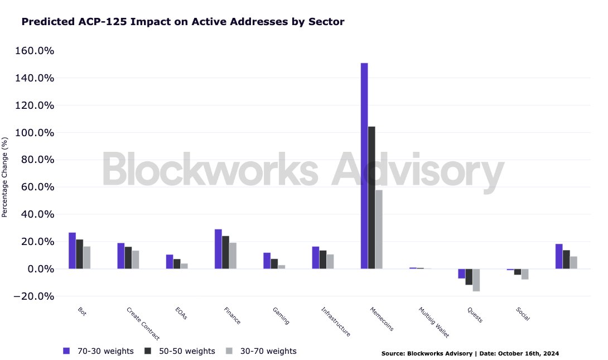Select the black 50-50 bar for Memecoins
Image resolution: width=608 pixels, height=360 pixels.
point(371,198)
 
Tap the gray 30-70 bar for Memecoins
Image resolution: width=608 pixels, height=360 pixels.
point(379,229)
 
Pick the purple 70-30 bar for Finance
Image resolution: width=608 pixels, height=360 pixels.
point(218,249)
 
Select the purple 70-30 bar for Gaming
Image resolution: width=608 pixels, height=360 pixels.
point(267,261)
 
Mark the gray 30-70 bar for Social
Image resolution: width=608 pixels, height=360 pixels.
point(525,274)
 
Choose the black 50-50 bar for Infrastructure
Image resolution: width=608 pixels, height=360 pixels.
point(323,260)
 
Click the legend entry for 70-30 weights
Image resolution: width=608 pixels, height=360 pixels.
point(98,351)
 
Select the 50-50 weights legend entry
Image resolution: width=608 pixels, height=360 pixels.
point(179,351)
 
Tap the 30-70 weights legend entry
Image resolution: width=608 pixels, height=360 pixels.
point(260,351)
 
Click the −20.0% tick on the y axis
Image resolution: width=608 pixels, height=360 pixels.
point(33,296)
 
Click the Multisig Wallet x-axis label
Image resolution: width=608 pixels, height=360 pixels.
point(433,322)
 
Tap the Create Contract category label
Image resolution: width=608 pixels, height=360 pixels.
point(143,323)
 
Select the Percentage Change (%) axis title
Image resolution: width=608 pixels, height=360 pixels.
point(4,177)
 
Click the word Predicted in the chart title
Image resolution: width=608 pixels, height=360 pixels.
point(46,22)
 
